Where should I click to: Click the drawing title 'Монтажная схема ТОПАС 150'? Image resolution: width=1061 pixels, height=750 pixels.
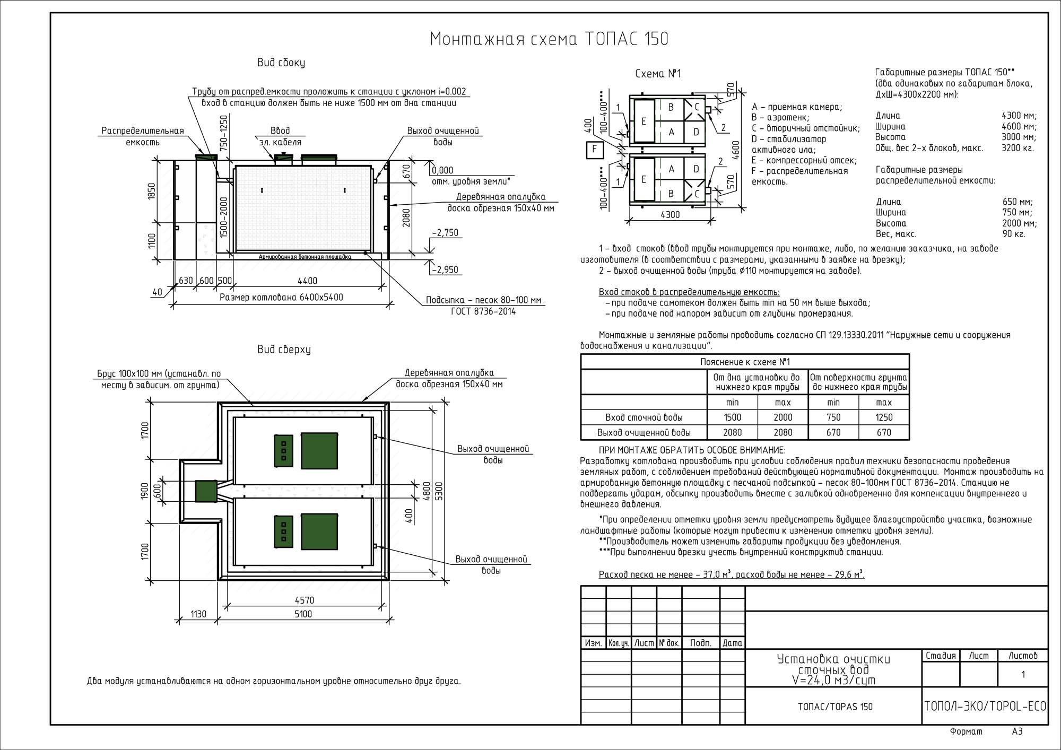click(549, 39)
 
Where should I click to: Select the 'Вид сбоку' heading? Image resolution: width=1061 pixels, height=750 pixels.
click(281, 63)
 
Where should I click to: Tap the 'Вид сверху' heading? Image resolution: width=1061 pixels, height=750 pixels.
click(284, 350)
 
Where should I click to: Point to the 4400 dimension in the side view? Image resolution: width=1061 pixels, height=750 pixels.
click(307, 281)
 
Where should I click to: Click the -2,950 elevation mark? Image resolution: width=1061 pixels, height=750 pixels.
click(445, 269)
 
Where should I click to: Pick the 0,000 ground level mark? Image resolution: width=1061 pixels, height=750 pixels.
click(442, 170)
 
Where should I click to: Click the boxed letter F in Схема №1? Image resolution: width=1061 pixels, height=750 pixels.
click(594, 150)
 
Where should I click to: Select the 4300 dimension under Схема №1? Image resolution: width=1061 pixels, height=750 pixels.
click(670, 215)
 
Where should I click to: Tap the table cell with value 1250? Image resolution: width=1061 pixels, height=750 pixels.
click(884, 417)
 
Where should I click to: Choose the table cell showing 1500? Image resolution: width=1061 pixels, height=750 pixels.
click(732, 417)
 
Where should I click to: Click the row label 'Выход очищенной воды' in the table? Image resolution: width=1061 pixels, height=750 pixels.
click(644, 432)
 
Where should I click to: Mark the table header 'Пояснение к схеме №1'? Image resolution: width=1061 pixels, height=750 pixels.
click(745, 362)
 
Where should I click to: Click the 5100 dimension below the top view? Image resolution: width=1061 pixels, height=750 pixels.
click(303, 614)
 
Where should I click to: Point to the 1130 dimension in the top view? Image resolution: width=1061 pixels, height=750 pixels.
click(198, 614)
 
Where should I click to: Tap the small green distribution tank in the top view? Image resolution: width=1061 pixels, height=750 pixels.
click(206, 491)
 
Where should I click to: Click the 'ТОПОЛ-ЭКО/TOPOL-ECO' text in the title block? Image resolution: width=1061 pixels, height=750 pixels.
click(985, 707)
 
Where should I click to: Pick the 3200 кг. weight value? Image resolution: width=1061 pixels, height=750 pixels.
click(1019, 148)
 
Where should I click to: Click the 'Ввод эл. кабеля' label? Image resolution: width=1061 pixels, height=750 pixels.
click(280, 136)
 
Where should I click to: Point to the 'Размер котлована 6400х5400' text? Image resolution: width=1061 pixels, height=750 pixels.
click(281, 298)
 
